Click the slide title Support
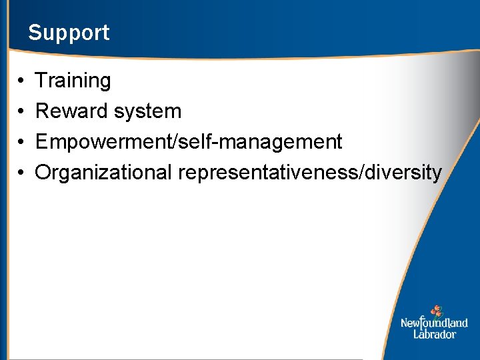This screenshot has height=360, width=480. pyautogui.click(x=69, y=33)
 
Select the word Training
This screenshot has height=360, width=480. pyautogui.click(x=73, y=81)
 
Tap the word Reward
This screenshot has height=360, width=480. pyautogui.click(x=72, y=111)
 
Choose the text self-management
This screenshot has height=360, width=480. pyautogui.click(x=257, y=142)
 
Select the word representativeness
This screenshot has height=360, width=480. pyautogui.click(x=267, y=173)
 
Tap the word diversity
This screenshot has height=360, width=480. pyautogui.click(x=403, y=173)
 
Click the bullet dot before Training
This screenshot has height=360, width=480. pyautogui.click(x=22, y=81)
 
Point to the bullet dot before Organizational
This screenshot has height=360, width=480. pyautogui.click(x=22, y=173)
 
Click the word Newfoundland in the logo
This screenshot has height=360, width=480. pyautogui.click(x=434, y=323)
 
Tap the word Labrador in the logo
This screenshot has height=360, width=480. pyautogui.click(x=434, y=334)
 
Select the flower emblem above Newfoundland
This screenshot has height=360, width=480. pyautogui.click(x=437, y=311)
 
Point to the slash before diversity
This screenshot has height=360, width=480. pyautogui.click(x=361, y=173)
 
